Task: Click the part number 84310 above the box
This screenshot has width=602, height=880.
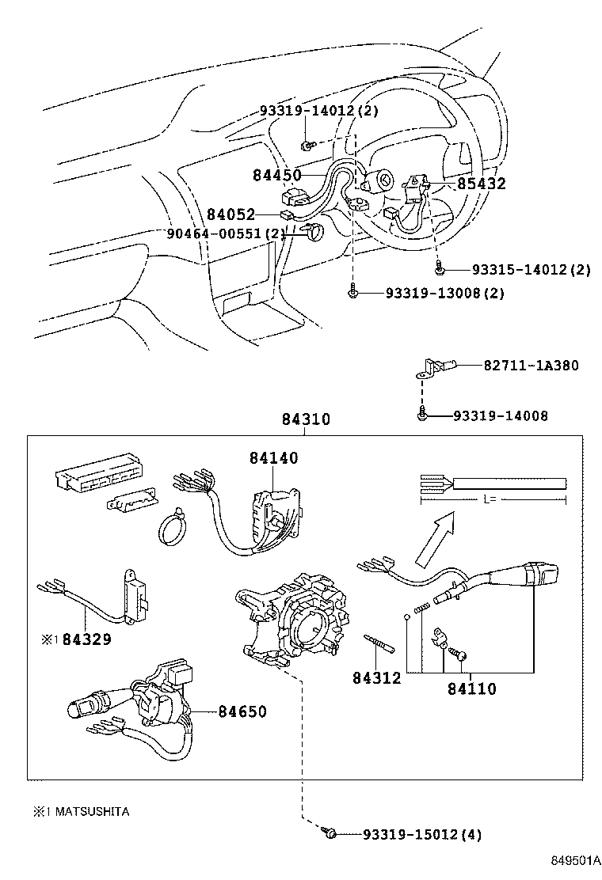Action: click(x=305, y=420)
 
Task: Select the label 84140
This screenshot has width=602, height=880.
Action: click(x=274, y=458)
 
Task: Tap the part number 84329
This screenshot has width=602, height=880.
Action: click(x=86, y=638)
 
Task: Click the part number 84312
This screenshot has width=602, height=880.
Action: click(x=377, y=678)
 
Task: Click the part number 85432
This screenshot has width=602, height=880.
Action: click(x=481, y=184)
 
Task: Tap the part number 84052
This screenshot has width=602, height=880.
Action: click(x=231, y=214)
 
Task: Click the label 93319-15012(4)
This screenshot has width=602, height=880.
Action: click(x=421, y=834)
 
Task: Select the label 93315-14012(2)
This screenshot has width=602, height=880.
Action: click(x=531, y=270)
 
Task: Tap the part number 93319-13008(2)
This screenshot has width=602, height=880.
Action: click(x=444, y=293)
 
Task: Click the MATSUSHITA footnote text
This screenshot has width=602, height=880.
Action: click(x=81, y=812)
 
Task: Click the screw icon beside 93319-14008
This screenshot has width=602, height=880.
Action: click(x=422, y=414)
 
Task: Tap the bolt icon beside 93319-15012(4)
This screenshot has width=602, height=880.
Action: click(x=331, y=833)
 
